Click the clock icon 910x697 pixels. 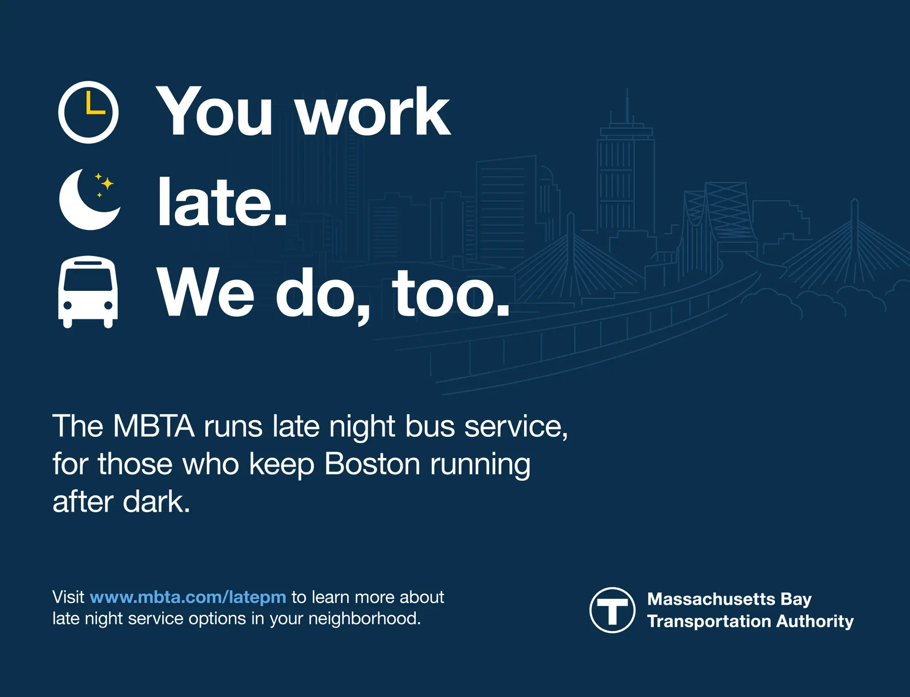88,112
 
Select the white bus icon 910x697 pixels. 88,292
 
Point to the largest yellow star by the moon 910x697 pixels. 107,184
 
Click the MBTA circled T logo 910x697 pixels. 612,610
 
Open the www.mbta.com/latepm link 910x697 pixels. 188,597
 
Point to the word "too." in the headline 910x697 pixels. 451,293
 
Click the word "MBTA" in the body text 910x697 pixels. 153,426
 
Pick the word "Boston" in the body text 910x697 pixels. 372,464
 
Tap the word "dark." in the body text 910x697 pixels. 156,502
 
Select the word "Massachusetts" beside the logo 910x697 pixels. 711,599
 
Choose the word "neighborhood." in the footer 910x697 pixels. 364,618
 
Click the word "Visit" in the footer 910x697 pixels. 68,597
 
